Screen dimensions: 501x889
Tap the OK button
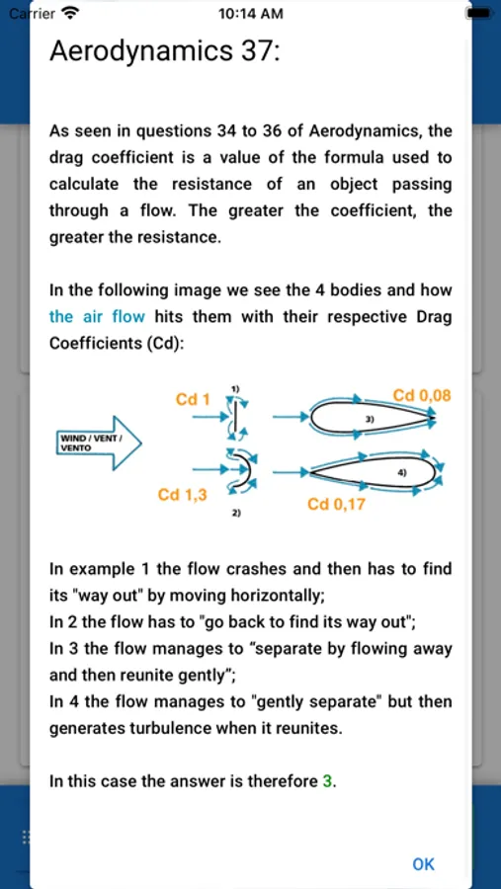(423, 864)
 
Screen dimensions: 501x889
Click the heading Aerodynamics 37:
(165, 51)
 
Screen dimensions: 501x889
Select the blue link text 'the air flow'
(97, 316)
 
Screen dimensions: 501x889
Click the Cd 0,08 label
(422, 395)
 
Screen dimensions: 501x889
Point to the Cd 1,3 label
(182, 495)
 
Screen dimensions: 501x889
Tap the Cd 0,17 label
(337, 504)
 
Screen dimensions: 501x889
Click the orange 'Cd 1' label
(193, 400)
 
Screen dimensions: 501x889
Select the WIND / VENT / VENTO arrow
(98, 443)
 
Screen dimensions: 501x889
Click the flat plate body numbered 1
(234, 417)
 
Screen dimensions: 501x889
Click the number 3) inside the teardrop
(372, 419)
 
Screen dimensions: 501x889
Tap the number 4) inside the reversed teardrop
(402, 471)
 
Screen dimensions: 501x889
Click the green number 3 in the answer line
(327, 782)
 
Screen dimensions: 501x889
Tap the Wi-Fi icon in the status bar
(70, 13)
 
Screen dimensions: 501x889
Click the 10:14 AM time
(250, 14)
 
